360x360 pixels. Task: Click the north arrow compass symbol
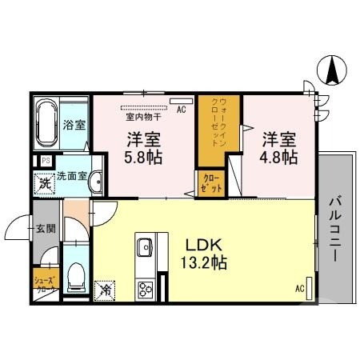(330, 71)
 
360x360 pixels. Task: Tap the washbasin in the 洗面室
(96, 182)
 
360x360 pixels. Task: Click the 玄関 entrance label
(46, 229)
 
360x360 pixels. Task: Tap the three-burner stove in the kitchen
(146, 288)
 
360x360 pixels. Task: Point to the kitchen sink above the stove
(145, 246)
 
